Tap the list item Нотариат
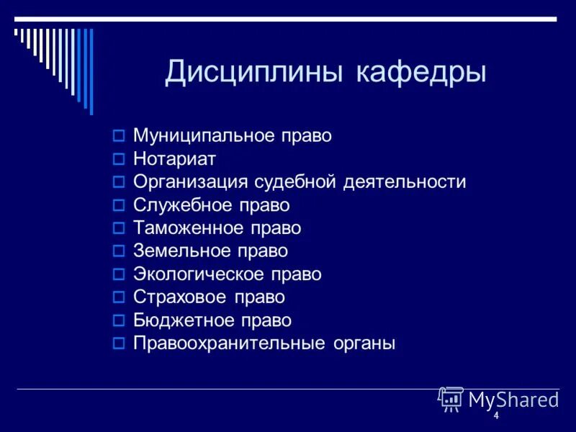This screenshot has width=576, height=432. [x=174, y=159]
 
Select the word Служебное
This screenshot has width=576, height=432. [x=181, y=205]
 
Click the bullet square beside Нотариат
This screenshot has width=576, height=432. [x=120, y=159]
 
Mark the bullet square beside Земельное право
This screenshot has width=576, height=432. [x=120, y=251]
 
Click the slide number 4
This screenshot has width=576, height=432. [x=496, y=417]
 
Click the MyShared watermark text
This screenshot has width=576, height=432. [x=513, y=399]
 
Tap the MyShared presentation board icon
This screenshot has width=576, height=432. [x=451, y=399]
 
